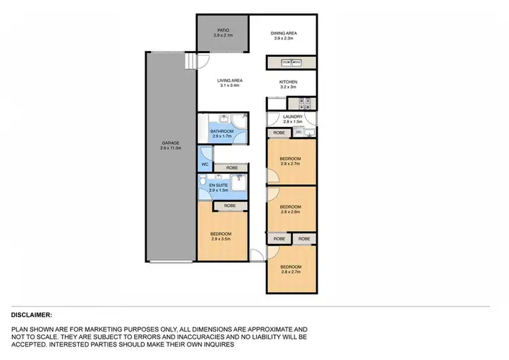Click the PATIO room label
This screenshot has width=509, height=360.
[223, 30]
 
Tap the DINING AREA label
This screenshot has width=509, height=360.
[284, 33]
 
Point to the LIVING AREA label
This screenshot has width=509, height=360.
[231, 81]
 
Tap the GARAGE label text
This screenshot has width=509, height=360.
[170, 143]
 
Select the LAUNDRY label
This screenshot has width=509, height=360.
[293, 116]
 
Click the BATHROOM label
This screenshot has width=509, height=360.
[222, 131]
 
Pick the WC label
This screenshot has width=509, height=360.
[204, 164]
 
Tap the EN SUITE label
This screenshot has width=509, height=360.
[219, 185]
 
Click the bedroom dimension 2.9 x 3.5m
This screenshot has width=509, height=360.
[221, 239]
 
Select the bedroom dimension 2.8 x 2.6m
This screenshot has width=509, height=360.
[290, 212]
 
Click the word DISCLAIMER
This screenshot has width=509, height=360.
[32, 315]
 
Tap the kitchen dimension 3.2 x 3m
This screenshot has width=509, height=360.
[288, 86]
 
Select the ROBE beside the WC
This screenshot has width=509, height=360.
[231, 167]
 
